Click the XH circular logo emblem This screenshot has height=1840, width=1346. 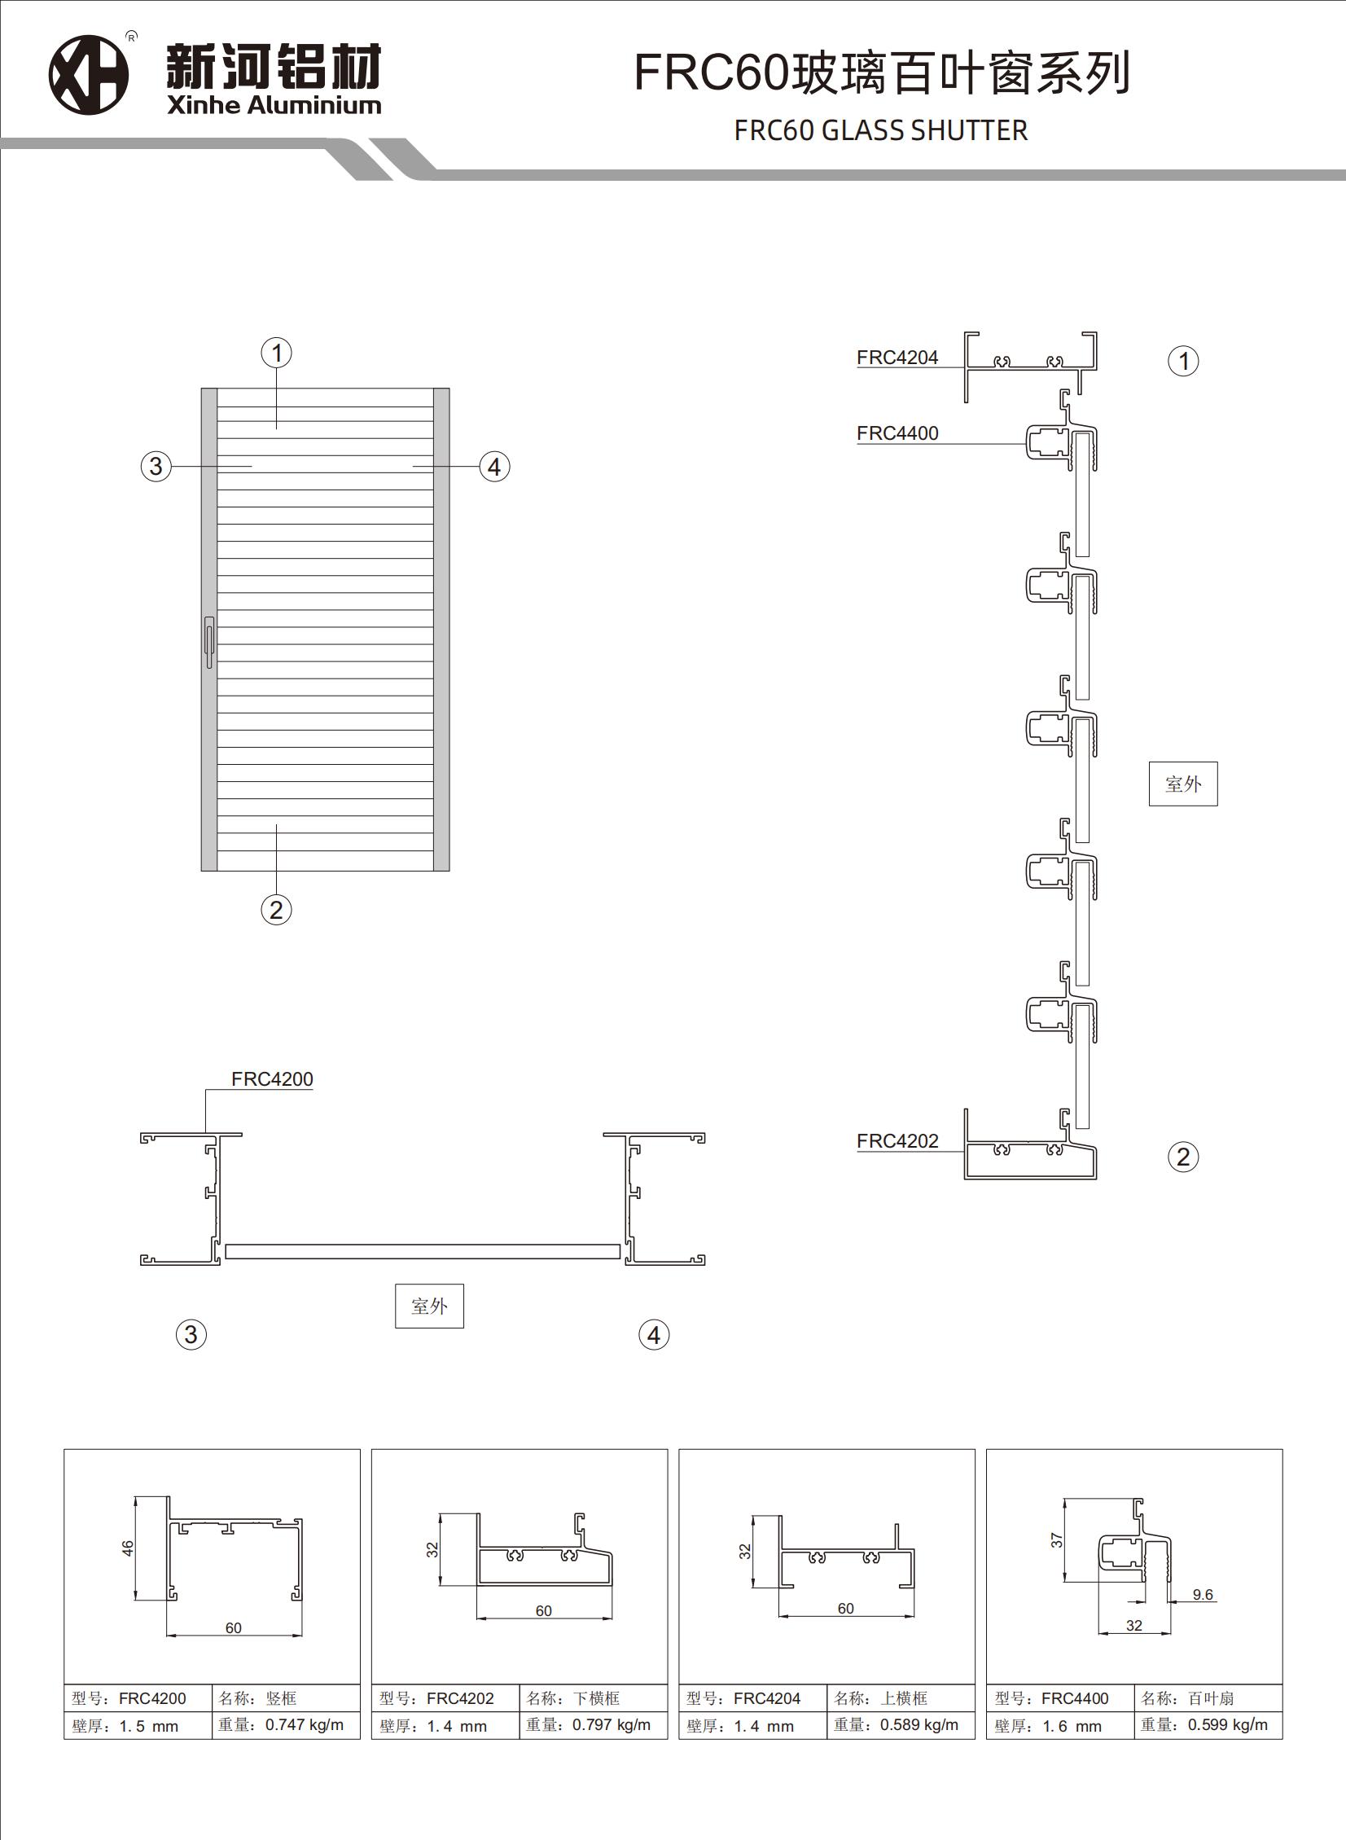(x=89, y=74)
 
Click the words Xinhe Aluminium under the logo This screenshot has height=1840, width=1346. (x=274, y=105)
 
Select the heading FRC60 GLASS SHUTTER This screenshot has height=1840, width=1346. (x=880, y=130)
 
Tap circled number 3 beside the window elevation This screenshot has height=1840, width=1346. (x=156, y=467)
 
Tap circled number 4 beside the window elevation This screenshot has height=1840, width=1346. (x=493, y=468)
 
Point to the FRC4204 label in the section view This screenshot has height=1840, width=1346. (x=897, y=358)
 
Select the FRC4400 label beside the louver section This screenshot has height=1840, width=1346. (x=897, y=433)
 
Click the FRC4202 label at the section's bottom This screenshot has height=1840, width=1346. (x=897, y=1141)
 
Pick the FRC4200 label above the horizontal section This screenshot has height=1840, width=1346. (x=271, y=1079)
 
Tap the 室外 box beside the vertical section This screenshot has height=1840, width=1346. (x=1182, y=784)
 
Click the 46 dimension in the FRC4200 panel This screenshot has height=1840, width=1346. (x=128, y=1548)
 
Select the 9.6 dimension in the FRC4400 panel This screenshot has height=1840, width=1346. (x=1202, y=1595)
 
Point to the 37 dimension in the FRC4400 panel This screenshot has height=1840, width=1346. (x=1057, y=1540)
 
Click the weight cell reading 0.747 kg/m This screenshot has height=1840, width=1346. (x=285, y=1724)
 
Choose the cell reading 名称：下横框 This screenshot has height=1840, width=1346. (x=592, y=1698)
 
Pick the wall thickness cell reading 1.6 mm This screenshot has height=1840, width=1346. (x=1059, y=1726)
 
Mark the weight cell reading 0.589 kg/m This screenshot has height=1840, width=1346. (x=901, y=1724)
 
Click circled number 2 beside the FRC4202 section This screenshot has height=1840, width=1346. (x=1183, y=1157)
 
